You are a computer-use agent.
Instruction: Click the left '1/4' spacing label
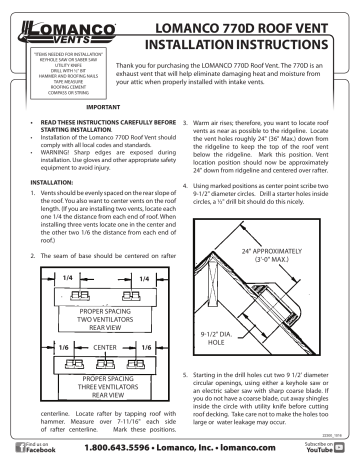click(x=40, y=279)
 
